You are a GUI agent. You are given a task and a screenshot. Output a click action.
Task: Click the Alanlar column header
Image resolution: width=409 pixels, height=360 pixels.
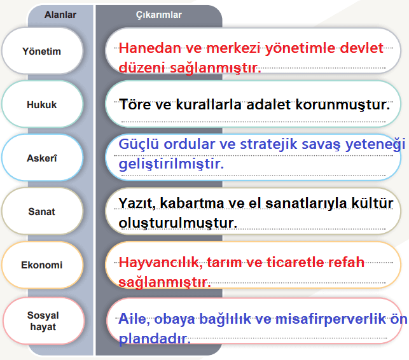60,14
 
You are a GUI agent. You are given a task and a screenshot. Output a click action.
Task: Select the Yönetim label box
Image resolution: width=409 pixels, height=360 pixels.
42,51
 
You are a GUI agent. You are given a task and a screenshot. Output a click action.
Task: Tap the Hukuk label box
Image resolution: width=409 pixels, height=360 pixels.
42,104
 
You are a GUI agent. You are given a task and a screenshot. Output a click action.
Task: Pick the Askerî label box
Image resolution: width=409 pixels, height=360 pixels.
42,158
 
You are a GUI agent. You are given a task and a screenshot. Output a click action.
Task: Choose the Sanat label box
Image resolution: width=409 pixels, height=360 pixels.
42,211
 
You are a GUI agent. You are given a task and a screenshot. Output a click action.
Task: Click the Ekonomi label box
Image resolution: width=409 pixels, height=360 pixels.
42,265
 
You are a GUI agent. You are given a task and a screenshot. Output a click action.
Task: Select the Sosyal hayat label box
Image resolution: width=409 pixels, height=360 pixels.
42,321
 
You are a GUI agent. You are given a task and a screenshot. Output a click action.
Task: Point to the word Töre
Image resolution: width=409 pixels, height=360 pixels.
135,104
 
